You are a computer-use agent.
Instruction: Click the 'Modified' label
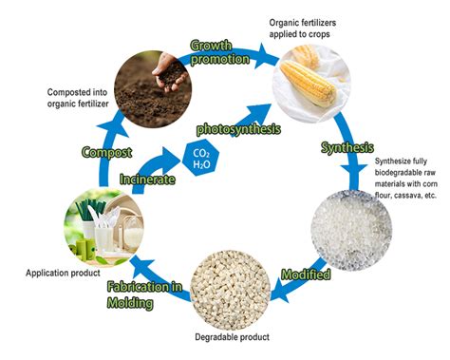306,276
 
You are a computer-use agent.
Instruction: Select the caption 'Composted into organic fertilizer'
79,98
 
